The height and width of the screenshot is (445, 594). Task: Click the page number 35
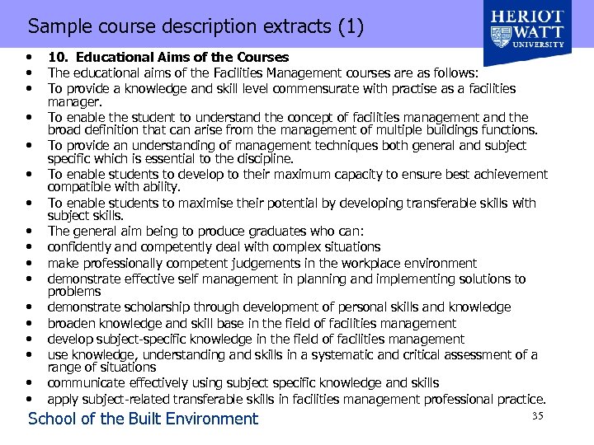pos(537,415)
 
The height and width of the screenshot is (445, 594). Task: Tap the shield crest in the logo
pos(502,36)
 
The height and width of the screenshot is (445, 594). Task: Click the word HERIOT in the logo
pos(528,18)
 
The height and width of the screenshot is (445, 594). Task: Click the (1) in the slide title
pos(350,26)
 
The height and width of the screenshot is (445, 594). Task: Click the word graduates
pos(266,232)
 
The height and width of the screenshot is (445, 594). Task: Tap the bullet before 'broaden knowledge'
pos(30,324)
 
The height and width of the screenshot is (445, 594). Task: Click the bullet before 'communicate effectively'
pos(30,383)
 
